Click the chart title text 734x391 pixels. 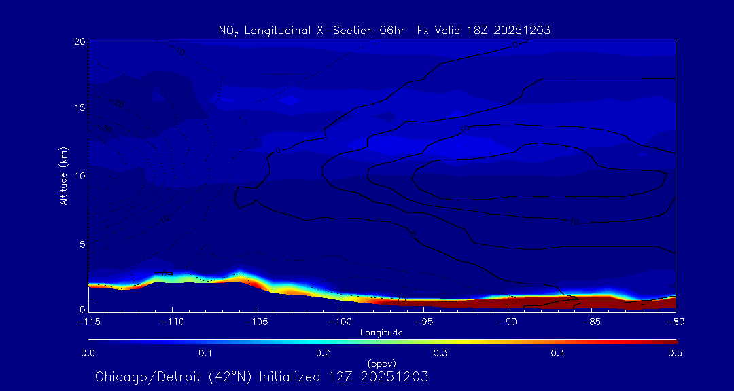click(x=384, y=31)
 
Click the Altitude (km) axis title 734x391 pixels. click(x=63, y=175)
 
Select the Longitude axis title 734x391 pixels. click(x=381, y=333)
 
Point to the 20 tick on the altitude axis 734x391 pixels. click(x=79, y=41)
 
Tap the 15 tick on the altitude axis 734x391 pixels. click(x=79, y=108)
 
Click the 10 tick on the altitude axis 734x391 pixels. click(x=79, y=175)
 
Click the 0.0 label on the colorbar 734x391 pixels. click(x=88, y=353)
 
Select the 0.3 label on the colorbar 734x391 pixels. click(x=440, y=353)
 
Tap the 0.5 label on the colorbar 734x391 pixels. click(x=675, y=353)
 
